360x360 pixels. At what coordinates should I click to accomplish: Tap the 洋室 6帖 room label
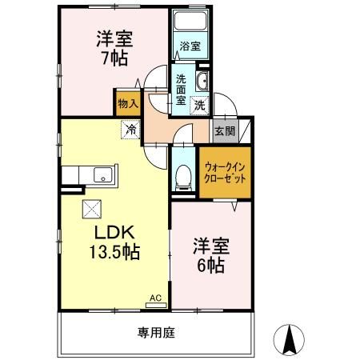coord(209,254)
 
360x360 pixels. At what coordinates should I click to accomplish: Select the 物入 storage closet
coord(127,102)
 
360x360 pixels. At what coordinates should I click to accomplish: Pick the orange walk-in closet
coord(224,171)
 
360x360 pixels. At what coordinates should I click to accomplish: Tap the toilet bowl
coord(183,175)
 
